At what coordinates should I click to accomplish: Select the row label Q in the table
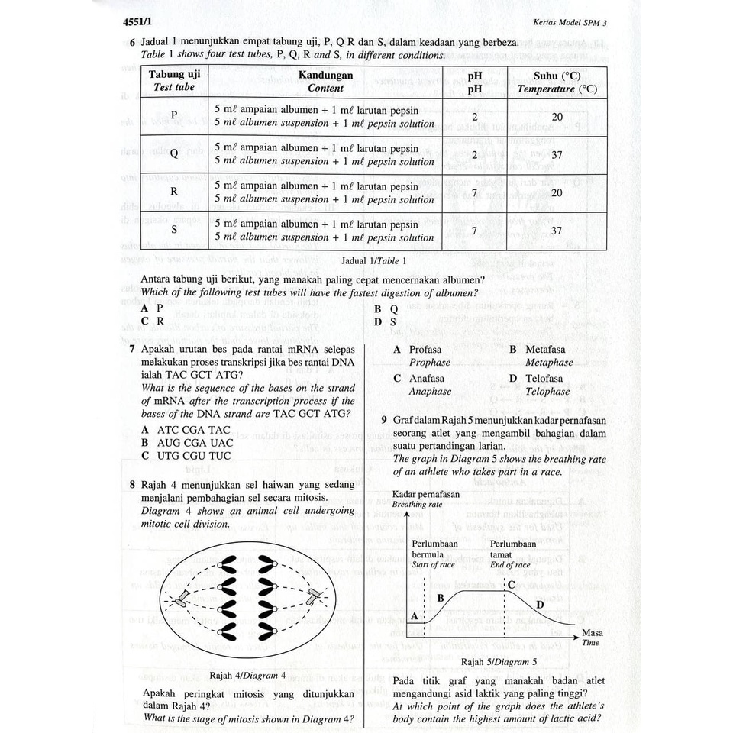click(174, 153)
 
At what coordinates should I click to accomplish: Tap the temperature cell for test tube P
click(557, 117)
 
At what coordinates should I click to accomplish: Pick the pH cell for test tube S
click(474, 231)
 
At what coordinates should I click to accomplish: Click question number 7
click(133, 349)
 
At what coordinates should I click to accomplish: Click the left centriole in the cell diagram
click(181, 598)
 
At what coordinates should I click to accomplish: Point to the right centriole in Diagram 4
click(312, 598)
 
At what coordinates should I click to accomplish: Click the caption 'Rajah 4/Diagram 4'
click(247, 675)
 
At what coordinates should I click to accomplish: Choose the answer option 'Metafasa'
click(545, 349)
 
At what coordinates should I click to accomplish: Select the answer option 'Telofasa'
click(544, 378)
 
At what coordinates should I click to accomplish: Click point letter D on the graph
click(539, 605)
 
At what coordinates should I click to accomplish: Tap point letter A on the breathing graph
click(415, 615)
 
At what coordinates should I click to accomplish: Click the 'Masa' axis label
click(592, 632)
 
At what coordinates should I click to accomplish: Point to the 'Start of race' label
click(433, 565)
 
